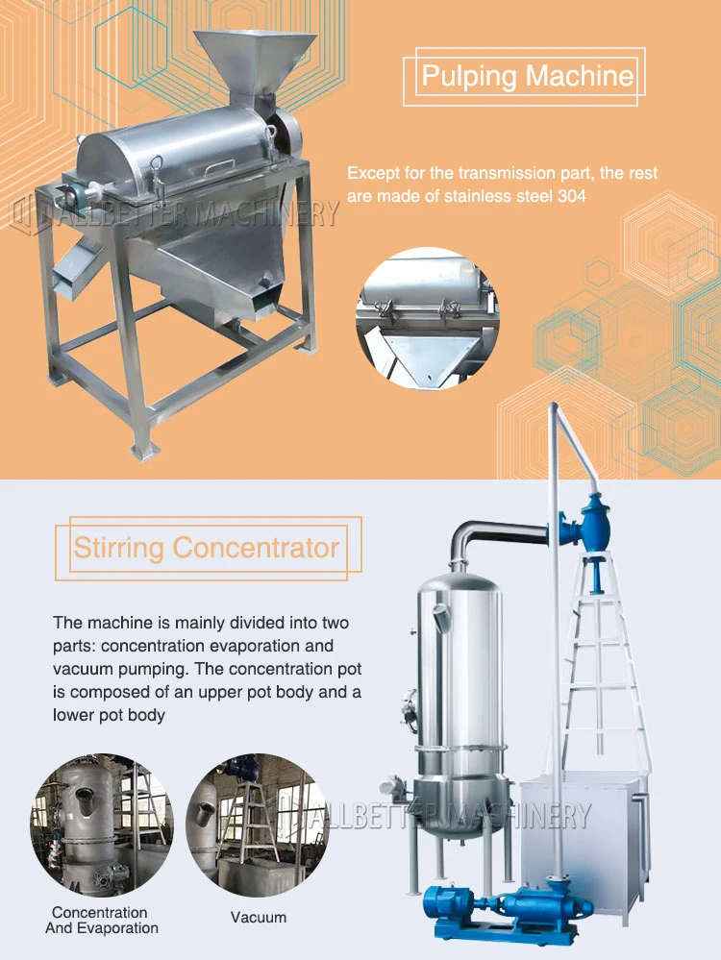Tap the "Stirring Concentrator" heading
207,549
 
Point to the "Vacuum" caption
259,917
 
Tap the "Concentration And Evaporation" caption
101,920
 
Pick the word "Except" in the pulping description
371,174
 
